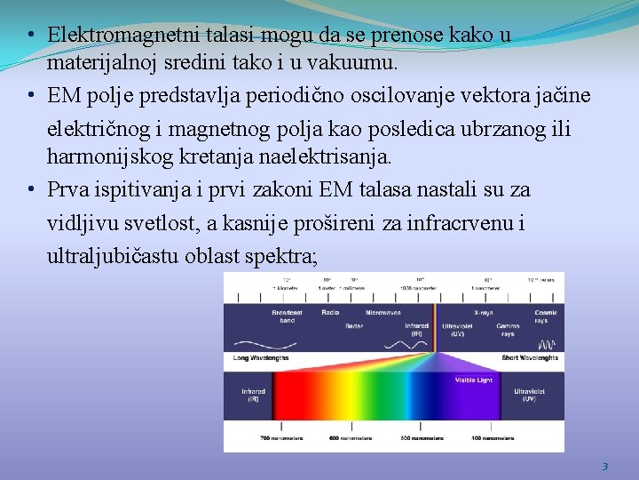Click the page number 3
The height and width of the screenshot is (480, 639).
(x=604, y=466)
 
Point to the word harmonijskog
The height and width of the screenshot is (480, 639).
(x=100, y=157)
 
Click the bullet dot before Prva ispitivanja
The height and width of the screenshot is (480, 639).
(x=31, y=189)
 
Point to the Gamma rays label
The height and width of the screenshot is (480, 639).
(x=508, y=330)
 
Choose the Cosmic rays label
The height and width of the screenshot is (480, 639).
(x=546, y=316)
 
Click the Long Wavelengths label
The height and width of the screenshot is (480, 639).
(x=260, y=357)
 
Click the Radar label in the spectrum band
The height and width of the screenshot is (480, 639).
(x=353, y=326)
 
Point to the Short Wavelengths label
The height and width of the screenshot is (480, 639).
(x=529, y=357)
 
